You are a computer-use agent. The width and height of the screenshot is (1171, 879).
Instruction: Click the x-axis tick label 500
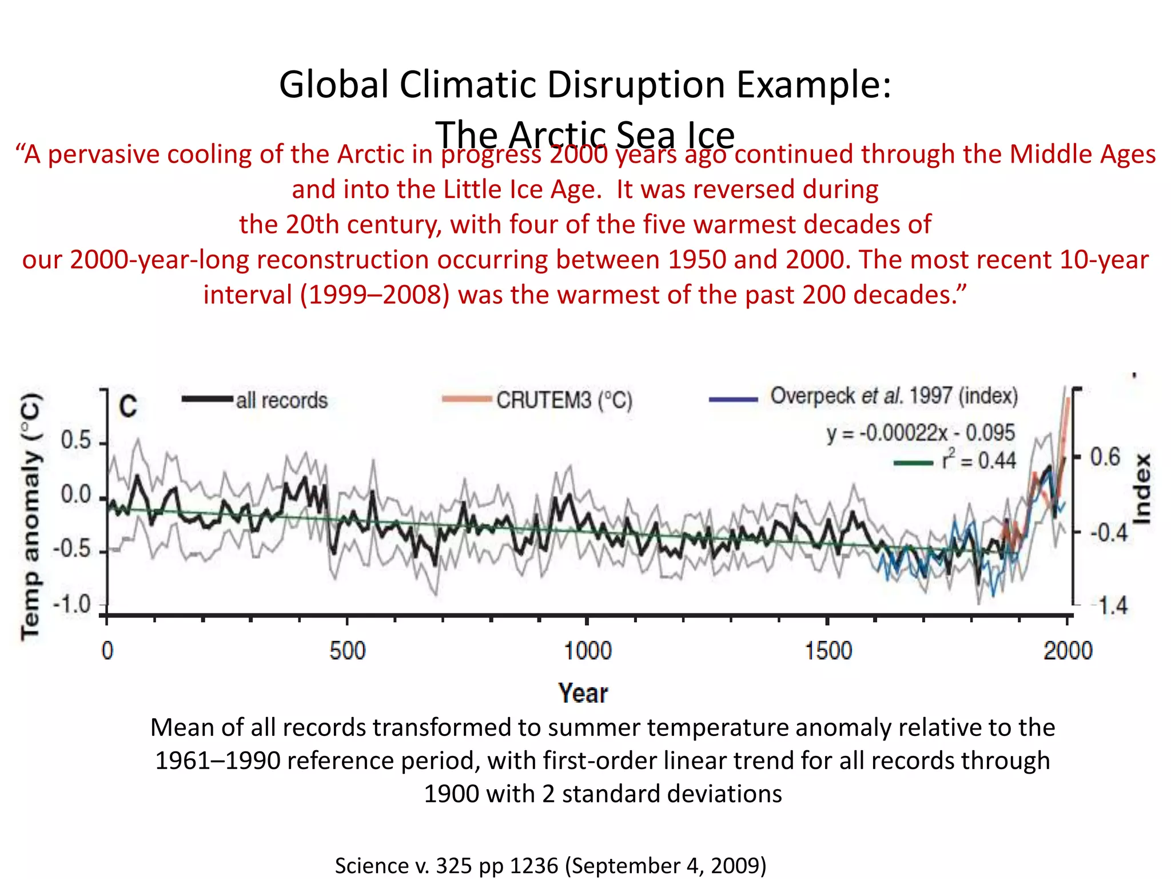347,651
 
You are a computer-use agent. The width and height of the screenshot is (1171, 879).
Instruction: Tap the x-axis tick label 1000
587,651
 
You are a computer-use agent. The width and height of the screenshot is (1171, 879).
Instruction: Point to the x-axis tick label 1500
828,651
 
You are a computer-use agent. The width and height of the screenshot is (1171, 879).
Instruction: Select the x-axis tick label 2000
1068,651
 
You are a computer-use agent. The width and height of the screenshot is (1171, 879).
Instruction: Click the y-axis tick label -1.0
72,604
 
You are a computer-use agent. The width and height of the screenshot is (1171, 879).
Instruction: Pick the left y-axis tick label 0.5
75,441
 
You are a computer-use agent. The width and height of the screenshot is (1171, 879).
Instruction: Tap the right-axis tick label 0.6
1105,457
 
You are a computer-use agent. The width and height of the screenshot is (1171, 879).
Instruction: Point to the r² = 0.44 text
979,460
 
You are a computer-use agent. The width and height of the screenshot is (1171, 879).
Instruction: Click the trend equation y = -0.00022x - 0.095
920,433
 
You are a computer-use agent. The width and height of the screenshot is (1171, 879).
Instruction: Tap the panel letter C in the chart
128,407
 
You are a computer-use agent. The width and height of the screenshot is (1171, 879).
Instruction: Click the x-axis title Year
583,693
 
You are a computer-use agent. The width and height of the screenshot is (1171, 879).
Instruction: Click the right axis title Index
1142,489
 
